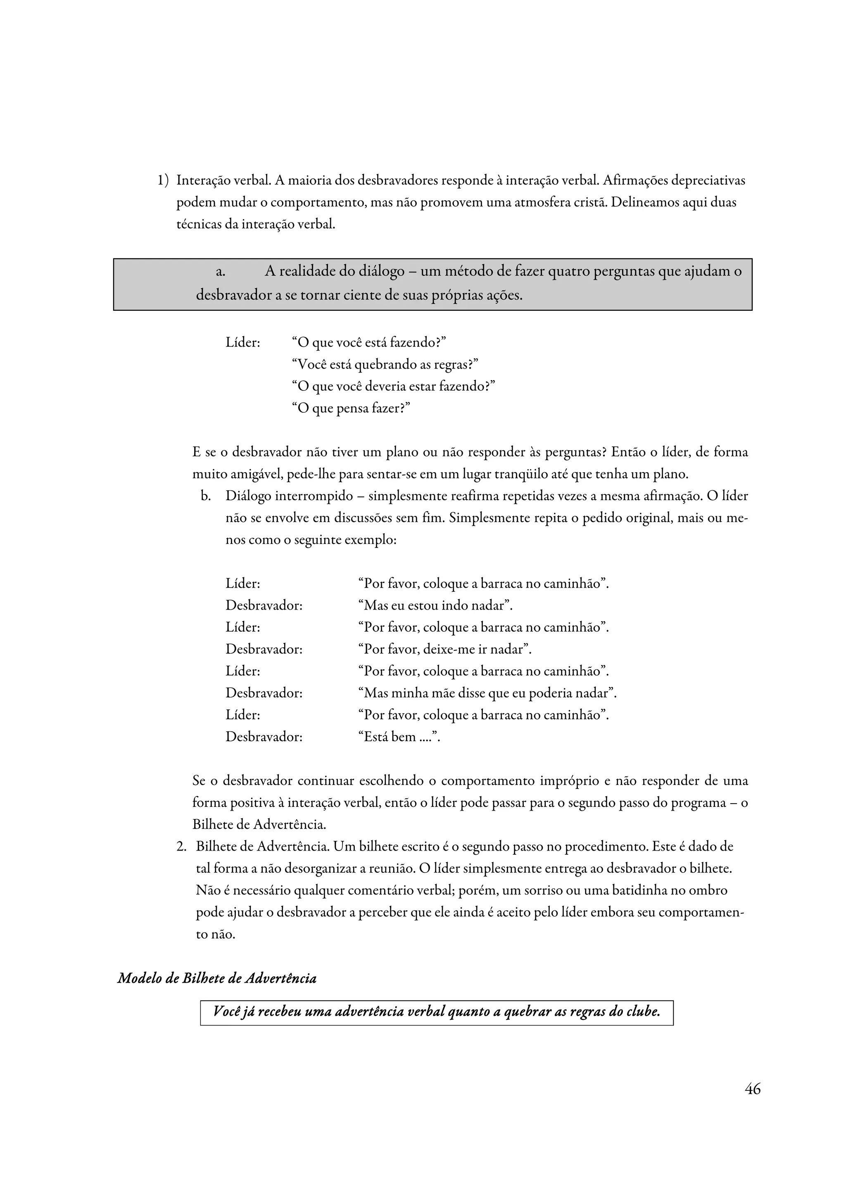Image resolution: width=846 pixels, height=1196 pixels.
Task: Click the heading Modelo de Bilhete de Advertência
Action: (x=217, y=978)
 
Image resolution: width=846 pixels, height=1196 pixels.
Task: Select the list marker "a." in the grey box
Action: (x=221, y=272)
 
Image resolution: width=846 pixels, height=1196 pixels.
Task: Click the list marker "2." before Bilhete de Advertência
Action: (x=181, y=847)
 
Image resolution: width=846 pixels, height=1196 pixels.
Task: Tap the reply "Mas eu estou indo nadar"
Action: (x=436, y=605)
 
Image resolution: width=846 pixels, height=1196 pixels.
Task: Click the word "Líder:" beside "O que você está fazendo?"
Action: (x=243, y=343)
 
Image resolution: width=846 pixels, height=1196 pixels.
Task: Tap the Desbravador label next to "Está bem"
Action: (x=264, y=737)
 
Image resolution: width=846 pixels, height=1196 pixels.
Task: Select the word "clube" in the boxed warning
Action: (x=643, y=1012)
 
